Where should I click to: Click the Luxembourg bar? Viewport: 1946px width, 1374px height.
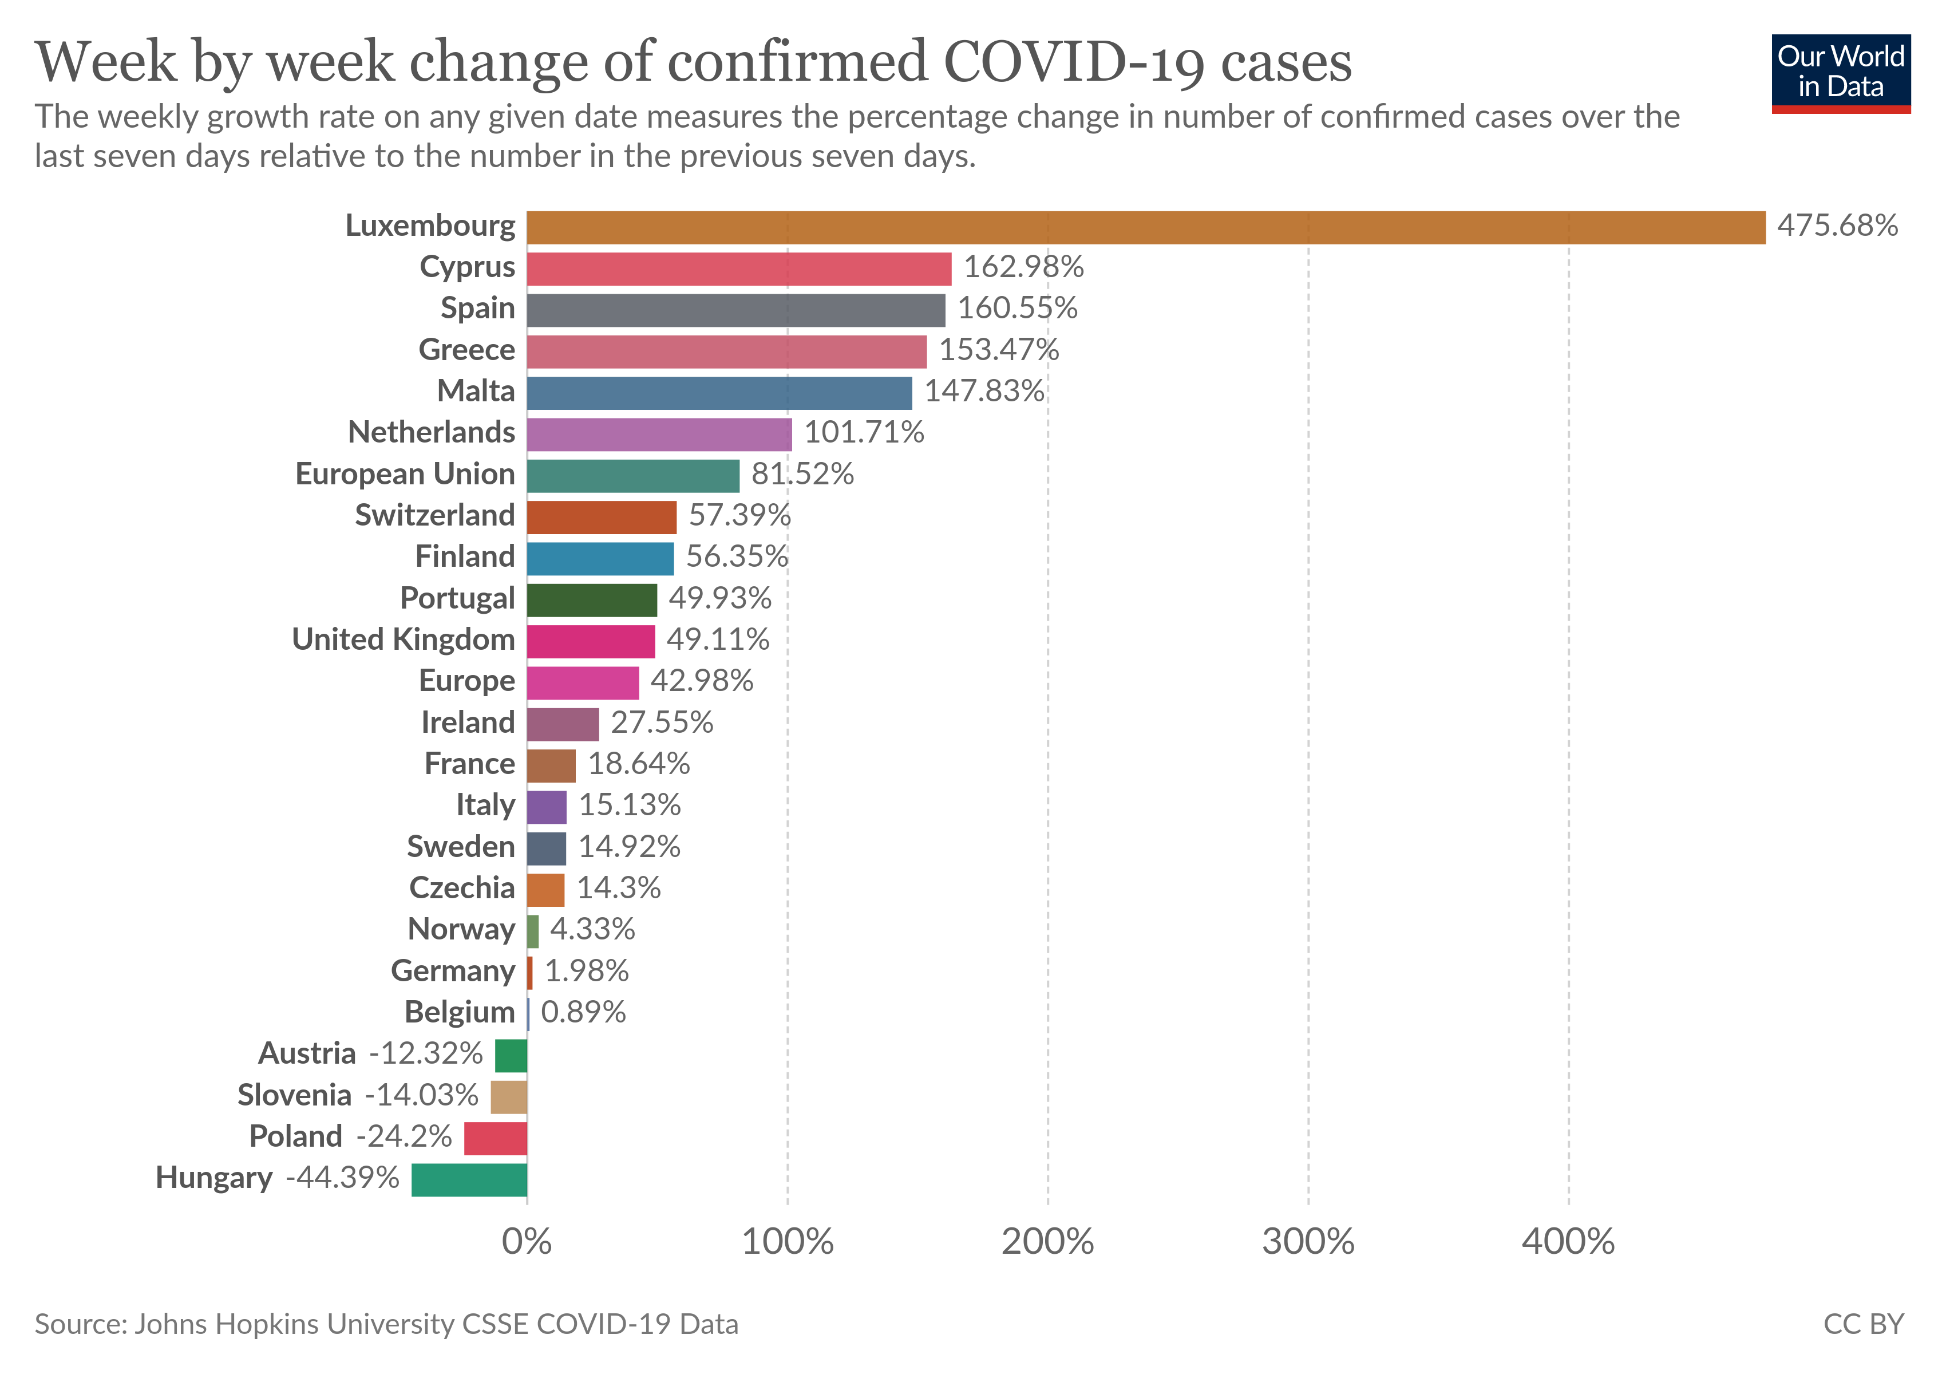[1145, 227]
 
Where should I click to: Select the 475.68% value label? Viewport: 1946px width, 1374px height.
[1837, 226]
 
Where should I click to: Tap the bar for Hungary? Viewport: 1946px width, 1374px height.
[469, 1180]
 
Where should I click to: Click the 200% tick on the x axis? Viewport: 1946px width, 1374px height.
[1047, 1242]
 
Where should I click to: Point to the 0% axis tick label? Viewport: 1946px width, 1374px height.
[527, 1242]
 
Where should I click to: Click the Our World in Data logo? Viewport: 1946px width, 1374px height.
[1840, 73]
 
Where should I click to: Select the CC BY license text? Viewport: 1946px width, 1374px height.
[1863, 1324]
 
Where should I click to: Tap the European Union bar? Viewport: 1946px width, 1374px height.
[632, 476]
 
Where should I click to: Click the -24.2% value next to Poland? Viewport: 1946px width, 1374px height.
[404, 1136]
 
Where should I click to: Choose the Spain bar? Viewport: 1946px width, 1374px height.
[735, 310]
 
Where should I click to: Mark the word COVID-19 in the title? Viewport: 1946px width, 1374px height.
[1074, 63]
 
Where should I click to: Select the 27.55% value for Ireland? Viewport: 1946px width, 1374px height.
[662, 722]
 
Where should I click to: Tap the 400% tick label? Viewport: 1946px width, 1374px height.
[1568, 1242]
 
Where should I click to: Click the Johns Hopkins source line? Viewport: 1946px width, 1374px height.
[386, 1324]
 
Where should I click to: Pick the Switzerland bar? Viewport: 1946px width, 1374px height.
[601, 517]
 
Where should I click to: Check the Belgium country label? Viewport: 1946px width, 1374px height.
[460, 1012]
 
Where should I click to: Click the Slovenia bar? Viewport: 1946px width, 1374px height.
[509, 1097]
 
